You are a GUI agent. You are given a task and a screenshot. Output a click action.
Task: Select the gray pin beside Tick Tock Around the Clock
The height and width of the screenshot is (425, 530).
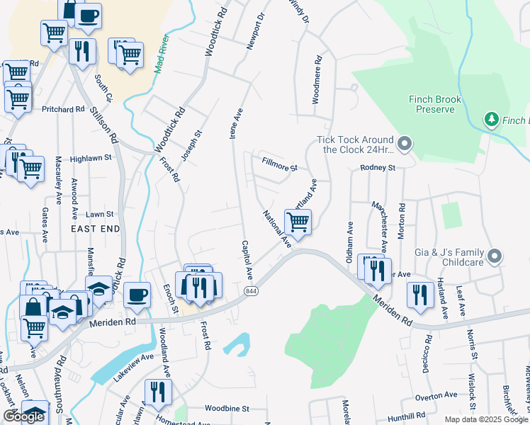405,144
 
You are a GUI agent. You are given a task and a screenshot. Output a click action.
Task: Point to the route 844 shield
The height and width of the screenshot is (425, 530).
251,291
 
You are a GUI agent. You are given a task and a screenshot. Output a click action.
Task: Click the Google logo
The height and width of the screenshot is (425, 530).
23,416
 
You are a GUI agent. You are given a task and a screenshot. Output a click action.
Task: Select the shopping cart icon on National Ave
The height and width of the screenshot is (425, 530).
298,222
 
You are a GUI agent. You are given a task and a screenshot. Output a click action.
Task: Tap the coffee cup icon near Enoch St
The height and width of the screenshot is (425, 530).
137,295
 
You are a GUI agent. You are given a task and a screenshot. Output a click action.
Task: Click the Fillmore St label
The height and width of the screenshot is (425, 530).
279,169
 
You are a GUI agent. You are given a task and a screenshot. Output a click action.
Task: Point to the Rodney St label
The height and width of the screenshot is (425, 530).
377,168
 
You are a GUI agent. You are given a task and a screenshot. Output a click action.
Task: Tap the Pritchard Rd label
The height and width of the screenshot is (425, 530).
63,110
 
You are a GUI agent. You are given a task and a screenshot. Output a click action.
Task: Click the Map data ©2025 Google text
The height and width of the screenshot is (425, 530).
486,419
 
